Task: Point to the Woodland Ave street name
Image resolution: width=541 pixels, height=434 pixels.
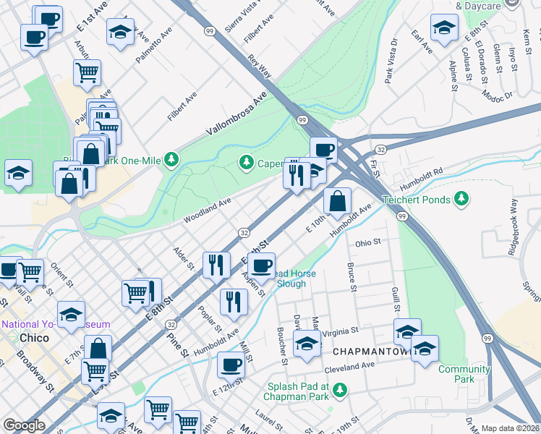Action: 207,209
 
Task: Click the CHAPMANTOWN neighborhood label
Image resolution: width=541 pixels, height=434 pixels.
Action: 372,351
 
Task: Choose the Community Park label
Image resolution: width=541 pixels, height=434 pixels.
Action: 464,374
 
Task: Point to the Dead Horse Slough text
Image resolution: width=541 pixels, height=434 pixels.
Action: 299,278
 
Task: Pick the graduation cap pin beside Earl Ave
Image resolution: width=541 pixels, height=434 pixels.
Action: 443,29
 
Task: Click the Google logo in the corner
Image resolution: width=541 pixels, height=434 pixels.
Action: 24,425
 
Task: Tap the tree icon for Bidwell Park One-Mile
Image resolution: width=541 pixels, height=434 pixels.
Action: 171,158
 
